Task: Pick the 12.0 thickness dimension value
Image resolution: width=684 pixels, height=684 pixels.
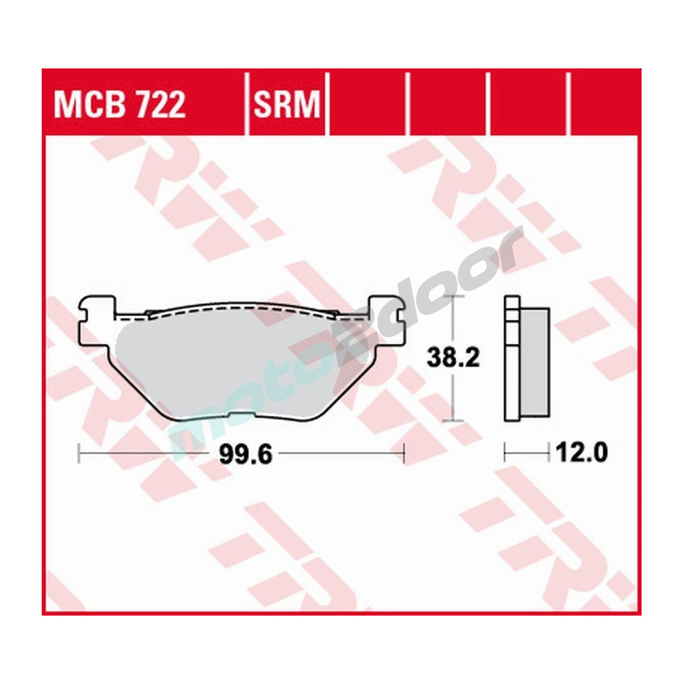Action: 581,452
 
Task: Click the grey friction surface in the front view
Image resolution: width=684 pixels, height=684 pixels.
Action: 233,363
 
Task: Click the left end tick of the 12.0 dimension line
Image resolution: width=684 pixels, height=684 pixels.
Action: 505,451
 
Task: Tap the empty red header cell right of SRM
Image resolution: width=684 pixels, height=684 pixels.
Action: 367,103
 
